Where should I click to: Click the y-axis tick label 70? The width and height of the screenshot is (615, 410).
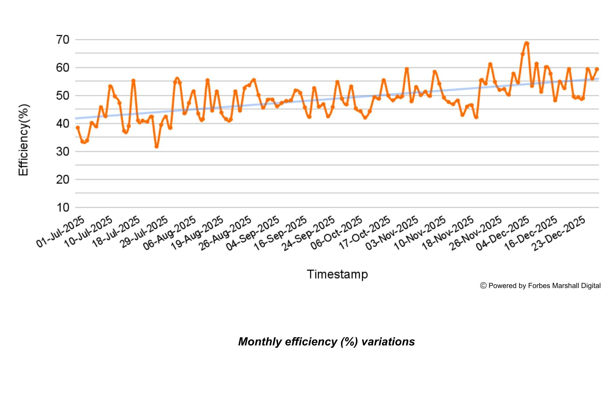pos(63,40)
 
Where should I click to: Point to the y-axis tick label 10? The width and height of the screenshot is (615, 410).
pos(63,207)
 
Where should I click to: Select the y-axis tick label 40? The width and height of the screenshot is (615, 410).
pos(63,123)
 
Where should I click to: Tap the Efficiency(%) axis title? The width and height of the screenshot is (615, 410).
pos(24,140)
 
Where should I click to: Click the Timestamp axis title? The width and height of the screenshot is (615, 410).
pos(337,274)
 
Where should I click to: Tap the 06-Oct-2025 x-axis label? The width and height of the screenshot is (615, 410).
pos(337,232)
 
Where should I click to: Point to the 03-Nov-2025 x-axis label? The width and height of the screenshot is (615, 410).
pos(392,233)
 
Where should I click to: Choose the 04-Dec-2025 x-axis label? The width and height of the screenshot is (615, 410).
pos(503,233)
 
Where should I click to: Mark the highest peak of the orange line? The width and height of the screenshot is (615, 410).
pos(527,43)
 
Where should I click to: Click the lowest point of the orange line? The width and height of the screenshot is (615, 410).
pos(156,147)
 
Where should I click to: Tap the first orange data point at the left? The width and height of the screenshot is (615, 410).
pos(78,127)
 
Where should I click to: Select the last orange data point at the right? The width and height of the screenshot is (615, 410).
pos(597,69)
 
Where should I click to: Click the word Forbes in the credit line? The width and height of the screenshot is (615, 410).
pos(539,286)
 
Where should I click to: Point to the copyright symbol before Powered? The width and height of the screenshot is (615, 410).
pos(483,286)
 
